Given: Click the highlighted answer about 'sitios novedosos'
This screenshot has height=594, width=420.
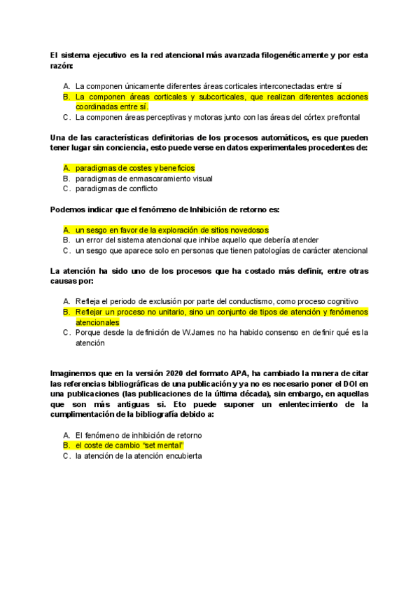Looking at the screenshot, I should tap(171, 229).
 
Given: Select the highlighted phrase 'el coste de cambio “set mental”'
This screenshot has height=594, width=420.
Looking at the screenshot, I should tap(129, 445).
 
